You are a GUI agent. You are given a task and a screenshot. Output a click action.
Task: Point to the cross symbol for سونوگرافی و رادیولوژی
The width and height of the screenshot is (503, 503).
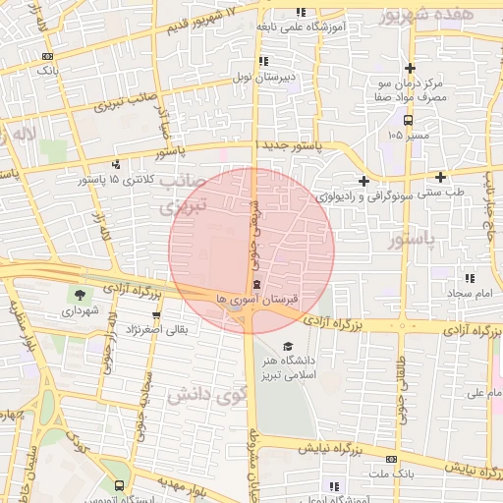[364, 180]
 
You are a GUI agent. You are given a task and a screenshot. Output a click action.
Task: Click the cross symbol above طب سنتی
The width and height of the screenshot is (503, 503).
[441, 178]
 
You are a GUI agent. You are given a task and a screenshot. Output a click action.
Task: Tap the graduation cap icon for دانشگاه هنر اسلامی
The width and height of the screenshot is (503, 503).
[288, 346]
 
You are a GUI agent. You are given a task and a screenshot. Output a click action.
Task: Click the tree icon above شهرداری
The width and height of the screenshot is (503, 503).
[76, 294]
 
